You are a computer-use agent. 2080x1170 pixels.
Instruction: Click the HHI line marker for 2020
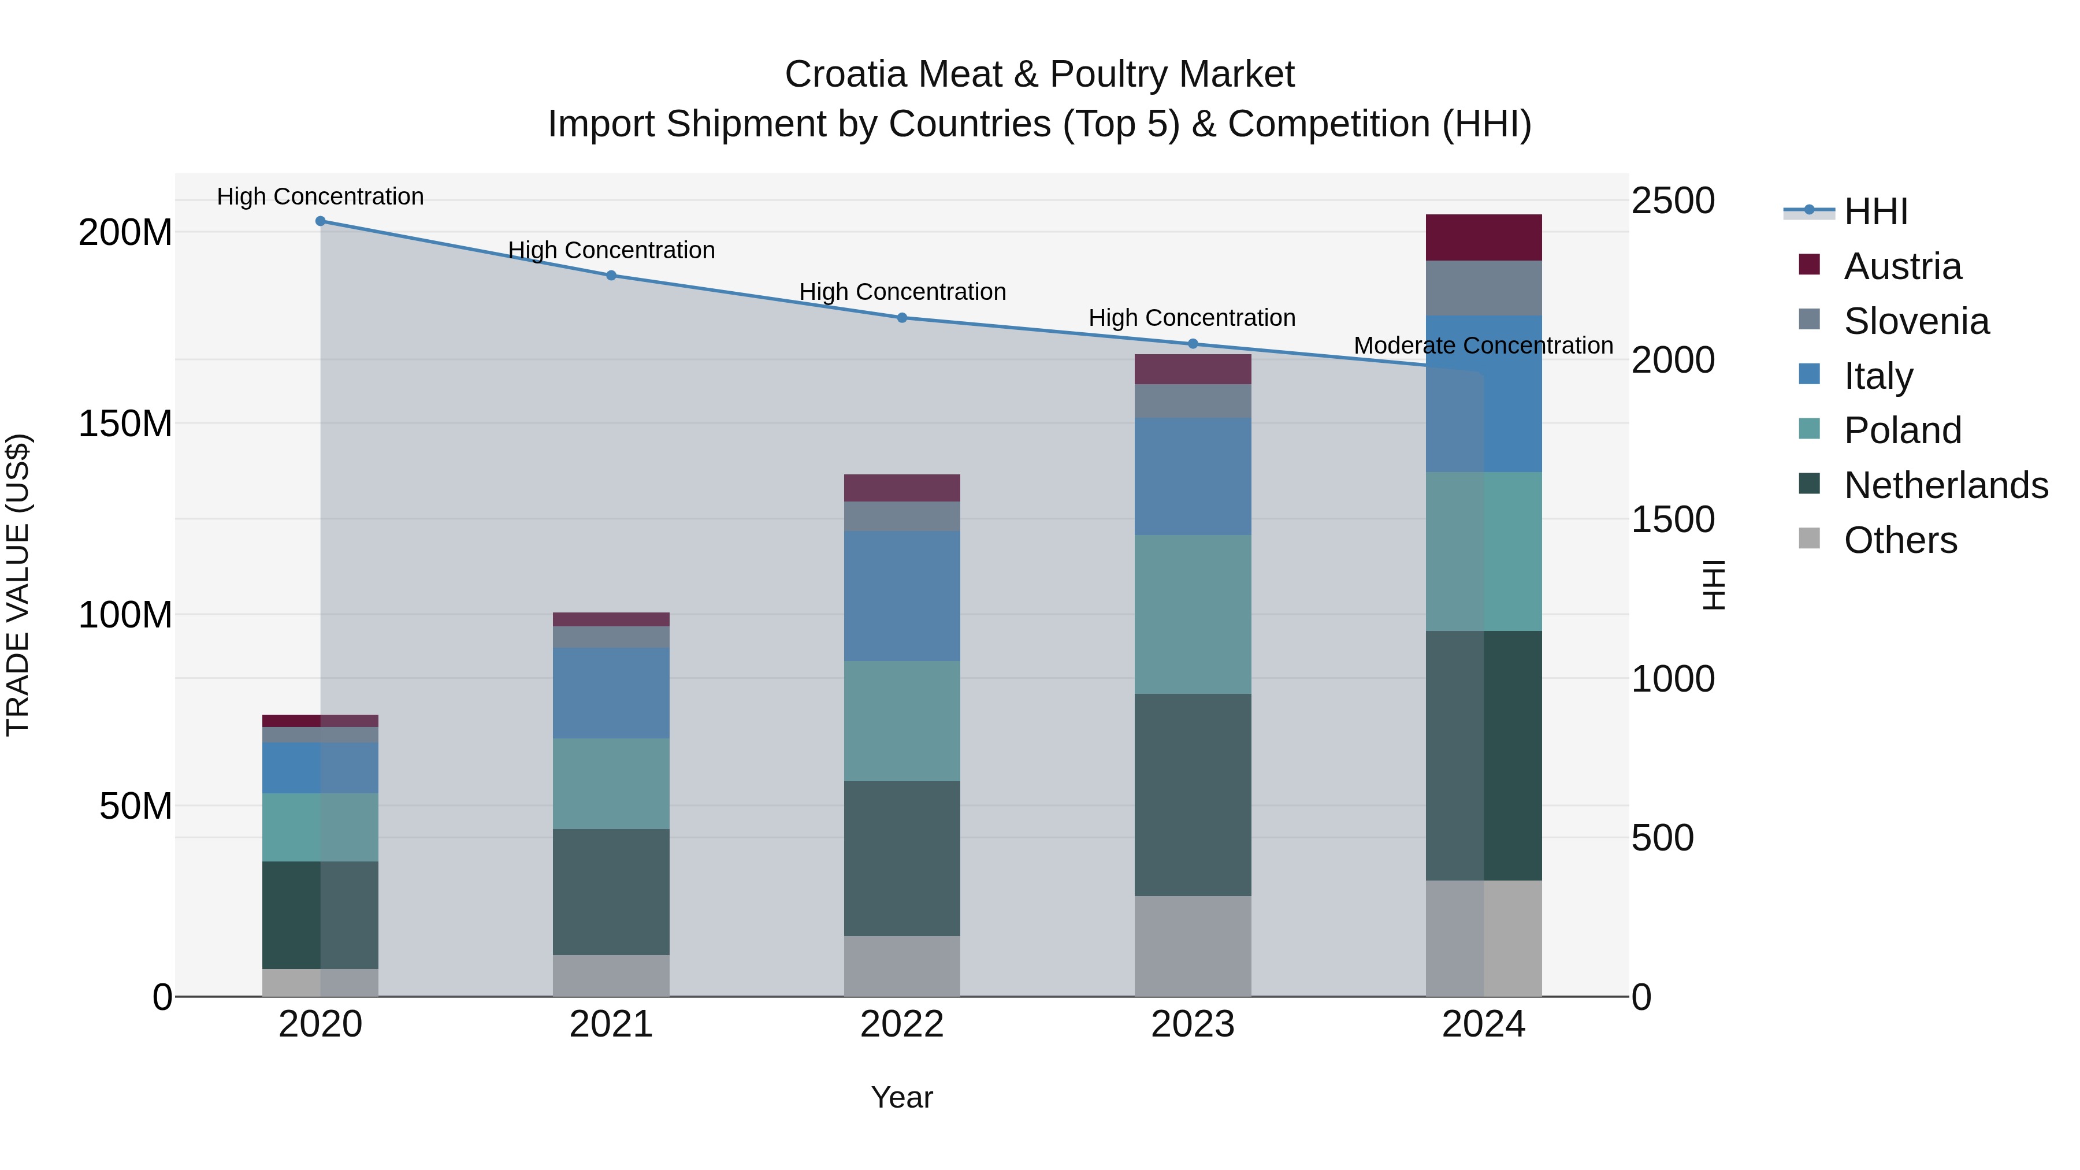click(x=321, y=221)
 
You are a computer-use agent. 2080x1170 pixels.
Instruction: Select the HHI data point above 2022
click(x=902, y=317)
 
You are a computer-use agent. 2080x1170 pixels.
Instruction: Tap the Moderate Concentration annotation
click(x=1483, y=346)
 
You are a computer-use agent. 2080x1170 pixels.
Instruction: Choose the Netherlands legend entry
click(x=1945, y=485)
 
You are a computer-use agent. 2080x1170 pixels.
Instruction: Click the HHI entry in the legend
click(x=1875, y=211)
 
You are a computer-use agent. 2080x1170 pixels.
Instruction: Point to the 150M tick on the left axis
click(x=125, y=423)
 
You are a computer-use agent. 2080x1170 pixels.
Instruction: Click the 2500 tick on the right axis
click(x=1672, y=200)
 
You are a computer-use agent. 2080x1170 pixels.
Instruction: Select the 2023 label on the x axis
click(x=1192, y=1024)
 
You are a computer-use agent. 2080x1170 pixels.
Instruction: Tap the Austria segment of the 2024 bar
click(x=1483, y=237)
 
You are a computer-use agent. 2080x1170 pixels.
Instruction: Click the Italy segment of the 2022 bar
click(x=902, y=596)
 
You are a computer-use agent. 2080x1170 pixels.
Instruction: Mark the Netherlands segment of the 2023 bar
click(x=1192, y=794)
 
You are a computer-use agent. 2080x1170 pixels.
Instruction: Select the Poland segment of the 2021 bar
click(x=611, y=783)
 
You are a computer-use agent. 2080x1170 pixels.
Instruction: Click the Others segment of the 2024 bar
click(x=1483, y=938)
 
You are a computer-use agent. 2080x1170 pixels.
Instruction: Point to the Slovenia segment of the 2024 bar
click(x=1483, y=288)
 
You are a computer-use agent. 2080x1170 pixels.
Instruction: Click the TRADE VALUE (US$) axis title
click(x=18, y=585)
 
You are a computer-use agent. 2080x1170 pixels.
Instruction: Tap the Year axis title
click(x=901, y=1097)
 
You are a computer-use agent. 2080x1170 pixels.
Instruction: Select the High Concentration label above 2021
click(x=611, y=250)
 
